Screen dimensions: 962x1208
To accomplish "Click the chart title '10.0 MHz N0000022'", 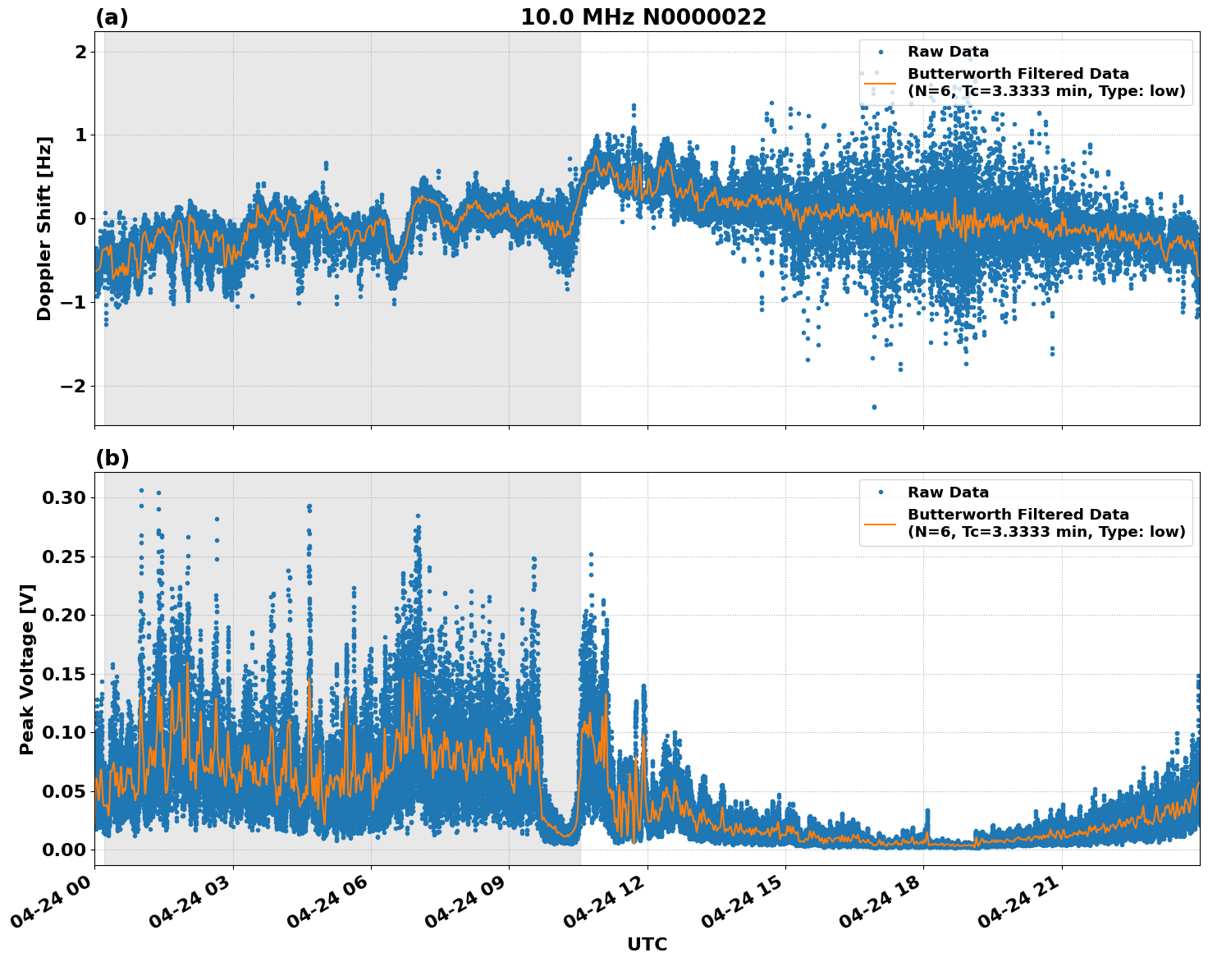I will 643,17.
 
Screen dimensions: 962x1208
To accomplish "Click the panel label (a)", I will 112,17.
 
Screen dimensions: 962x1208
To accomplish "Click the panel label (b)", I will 112,458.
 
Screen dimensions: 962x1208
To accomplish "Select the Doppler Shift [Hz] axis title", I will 44,228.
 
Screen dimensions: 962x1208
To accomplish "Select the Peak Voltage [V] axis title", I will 27,669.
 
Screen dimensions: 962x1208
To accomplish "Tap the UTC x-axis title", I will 647,944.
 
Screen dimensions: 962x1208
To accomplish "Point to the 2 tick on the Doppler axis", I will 80,52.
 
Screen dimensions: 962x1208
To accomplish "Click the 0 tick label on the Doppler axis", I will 80,219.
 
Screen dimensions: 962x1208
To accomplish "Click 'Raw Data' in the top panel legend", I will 948,52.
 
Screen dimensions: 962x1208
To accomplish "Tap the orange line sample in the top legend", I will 880,82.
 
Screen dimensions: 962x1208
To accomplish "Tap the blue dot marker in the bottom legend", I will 880,492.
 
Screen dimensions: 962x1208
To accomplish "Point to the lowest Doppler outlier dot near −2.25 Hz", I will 874,407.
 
